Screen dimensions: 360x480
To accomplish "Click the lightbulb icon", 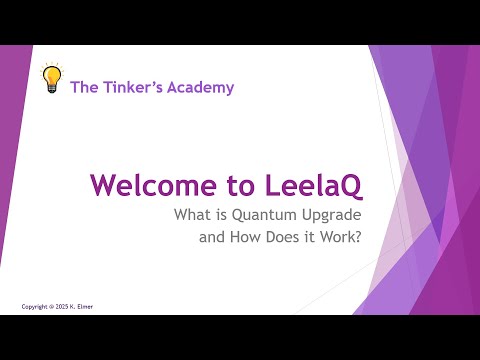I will click(x=51, y=78).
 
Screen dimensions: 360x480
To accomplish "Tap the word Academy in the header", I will click(x=203, y=87).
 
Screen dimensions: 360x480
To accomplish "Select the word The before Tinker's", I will click(x=85, y=87).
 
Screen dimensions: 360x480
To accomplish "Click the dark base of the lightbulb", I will click(x=51, y=89).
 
